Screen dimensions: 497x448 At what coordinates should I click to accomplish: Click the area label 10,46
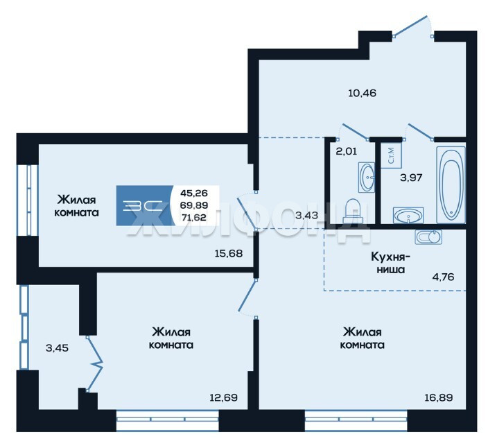[x=362, y=93]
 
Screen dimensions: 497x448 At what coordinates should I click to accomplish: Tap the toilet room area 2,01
[x=346, y=151]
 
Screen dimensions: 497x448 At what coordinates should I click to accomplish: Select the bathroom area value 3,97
[x=411, y=178]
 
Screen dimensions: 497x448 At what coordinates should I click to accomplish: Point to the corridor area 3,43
[x=306, y=216]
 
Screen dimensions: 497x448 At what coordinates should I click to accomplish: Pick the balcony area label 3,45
[x=57, y=348]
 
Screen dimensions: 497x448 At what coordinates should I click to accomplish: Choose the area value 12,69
[x=223, y=397]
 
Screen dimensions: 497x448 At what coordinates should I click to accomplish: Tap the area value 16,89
[x=439, y=397]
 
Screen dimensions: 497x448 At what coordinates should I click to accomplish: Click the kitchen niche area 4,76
[x=443, y=277]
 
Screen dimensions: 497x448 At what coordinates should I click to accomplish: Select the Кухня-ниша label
[x=390, y=263]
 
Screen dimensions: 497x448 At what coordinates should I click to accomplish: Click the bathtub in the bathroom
[x=451, y=184]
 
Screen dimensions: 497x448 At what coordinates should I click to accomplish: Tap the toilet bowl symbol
[x=351, y=211]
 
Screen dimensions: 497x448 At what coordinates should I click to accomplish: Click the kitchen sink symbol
[x=428, y=237]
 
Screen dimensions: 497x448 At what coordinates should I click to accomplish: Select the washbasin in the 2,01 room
[x=367, y=178]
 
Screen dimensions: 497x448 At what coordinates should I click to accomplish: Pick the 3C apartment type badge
[x=143, y=205]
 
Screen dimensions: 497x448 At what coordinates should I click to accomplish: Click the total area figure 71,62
[x=193, y=218]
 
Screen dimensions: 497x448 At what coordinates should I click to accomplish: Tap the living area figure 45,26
[x=193, y=193]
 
